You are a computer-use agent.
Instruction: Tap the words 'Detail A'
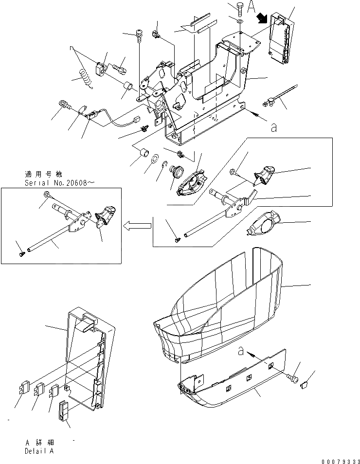click(40, 450)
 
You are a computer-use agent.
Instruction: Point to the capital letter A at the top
click(251, 7)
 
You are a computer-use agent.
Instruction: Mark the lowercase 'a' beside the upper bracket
click(274, 128)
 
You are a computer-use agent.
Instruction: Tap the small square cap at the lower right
click(306, 385)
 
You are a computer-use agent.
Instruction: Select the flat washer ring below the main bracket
click(155, 159)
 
